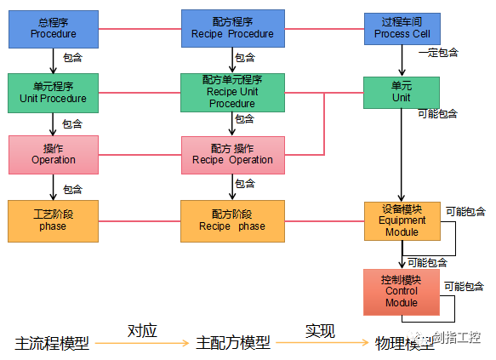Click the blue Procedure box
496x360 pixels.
pyautogui.click(x=53, y=28)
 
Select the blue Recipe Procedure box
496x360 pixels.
pyautogui.click(x=232, y=28)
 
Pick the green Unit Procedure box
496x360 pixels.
pyautogui.click(x=53, y=93)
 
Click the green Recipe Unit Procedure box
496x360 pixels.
pyautogui.click(x=232, y=92)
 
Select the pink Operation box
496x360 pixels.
pyautogui.click(x=53, y=154)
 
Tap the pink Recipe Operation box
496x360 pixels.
pyautogui.click(x=232, y=154)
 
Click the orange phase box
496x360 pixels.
pyautogui.click(x=53, y=220)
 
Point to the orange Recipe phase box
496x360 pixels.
pyautogui.click(x=232, y=220)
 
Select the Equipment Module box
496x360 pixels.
pyautogui.click(x=402, y=221)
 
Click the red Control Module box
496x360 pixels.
pyautogui.click(x=402, y=290)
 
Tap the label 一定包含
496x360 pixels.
pyautogui.click(x=438, y=53)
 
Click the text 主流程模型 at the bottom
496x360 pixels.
pyautogui.click(x=52, y=343)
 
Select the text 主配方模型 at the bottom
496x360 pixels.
pyautogui.click(x=233, y=343)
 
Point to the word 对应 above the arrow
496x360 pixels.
pyautogui.click(x=142, y=330)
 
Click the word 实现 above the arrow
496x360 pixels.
pyautogui.click(x=320, y=330)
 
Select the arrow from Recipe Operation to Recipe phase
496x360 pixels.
pyautogui.click(x=232, y=186)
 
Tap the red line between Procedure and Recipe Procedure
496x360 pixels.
pyautogui.click(x=140, y=28)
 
